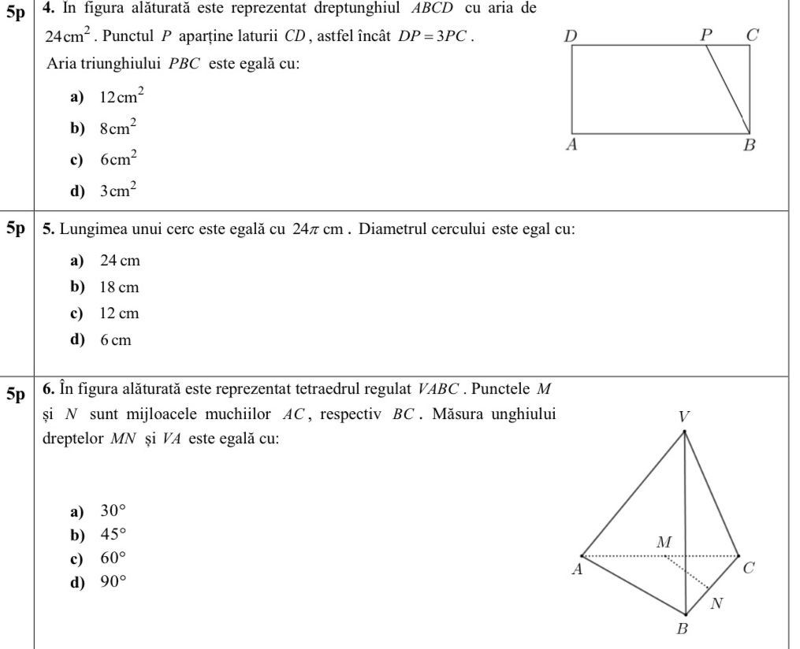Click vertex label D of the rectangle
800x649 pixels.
[x=571, y=35]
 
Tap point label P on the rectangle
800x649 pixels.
[x=706, y=35]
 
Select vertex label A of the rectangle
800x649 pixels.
[x=572, y=145]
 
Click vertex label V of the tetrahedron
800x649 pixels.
[x=684, y=416]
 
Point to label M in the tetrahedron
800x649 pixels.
[x=664, y=542]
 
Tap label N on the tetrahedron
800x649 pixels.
[x=716, y=604]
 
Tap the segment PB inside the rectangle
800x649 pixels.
[x=727, y=90]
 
